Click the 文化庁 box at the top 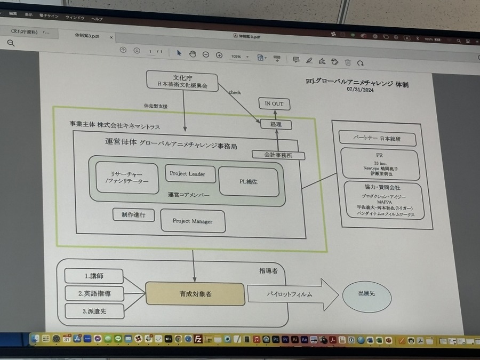[182, 81]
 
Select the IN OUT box [274, 103]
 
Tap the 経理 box [275, 125]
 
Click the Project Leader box [187, 174]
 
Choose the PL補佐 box [249, 181]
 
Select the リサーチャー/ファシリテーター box [127, 178]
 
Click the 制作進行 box [133, 214]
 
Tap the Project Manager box [192, 221]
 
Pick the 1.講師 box [94, 276]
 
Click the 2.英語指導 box [94, 293]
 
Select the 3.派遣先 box [94, 311]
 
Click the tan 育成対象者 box [195, 294]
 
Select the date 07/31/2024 [360, 89]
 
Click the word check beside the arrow [235, 92]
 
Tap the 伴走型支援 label [156, 107]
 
